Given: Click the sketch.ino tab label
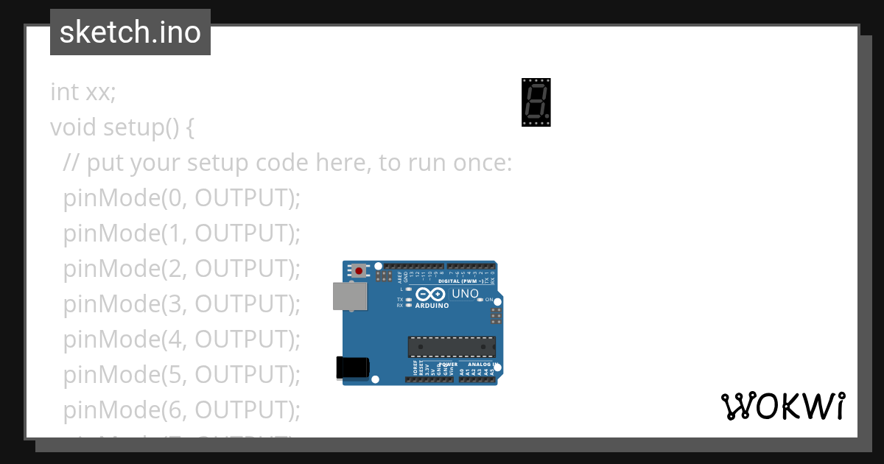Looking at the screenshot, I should click(130, 32).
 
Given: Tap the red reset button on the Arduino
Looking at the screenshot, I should click(359, 271).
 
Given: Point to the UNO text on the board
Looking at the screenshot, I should click(465, 294).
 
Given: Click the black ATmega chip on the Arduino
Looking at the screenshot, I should click(452, 347).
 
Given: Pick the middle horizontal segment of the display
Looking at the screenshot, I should click(536, 102).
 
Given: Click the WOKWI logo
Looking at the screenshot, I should click(782, 407).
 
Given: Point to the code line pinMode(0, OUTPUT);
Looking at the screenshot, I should click(182, 198).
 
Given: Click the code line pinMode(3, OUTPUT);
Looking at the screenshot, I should click(182, 303).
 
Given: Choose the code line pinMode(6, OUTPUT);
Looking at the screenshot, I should click(182, 409).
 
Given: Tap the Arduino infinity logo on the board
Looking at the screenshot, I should click(430, 294).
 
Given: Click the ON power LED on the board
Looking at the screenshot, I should click(480, 300).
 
